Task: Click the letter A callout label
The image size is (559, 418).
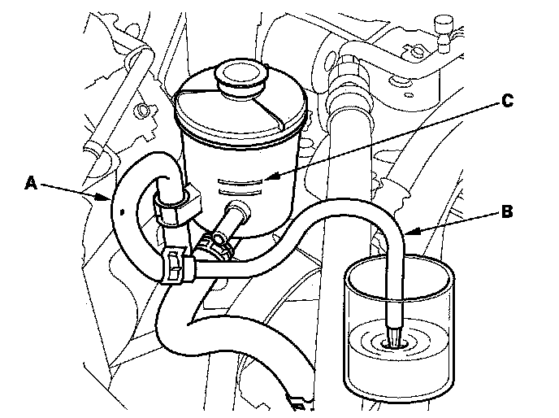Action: pyautogui.click(x=30, y=183)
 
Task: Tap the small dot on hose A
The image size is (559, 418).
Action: pyautogui.click(x=122, y=211)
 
